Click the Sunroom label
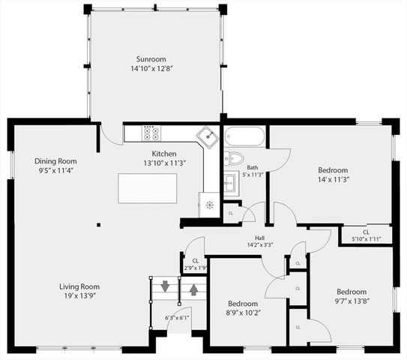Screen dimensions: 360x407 151,59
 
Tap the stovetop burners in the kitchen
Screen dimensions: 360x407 151,134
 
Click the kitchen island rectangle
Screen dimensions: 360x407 147,187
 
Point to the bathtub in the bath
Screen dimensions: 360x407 244,137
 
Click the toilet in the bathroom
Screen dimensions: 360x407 233,157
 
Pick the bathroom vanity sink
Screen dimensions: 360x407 230,182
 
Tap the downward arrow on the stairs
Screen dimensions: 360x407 165,286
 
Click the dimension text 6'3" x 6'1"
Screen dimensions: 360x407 177,317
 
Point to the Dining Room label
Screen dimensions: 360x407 55,161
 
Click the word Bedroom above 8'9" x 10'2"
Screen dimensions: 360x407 243,304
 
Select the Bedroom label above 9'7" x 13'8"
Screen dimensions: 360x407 351,292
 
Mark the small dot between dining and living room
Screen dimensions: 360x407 98,223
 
